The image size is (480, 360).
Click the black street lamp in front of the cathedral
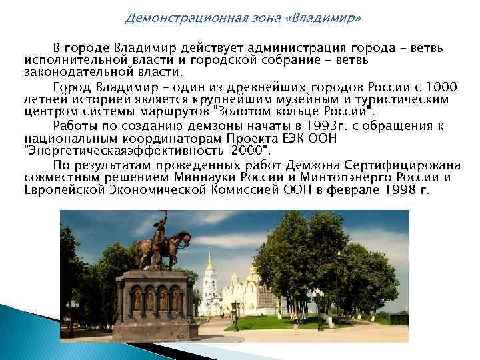(x=235, y=313)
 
